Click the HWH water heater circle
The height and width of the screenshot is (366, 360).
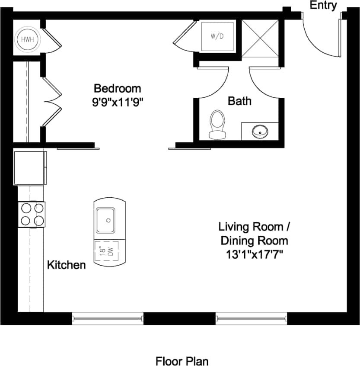(27, 40)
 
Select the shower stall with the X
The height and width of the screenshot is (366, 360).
(260, 38)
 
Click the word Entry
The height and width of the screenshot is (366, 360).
(323, 6)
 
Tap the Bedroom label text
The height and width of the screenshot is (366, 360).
(117, 89)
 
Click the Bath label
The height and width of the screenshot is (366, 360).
(239, 101)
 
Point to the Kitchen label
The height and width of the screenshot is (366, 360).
(66, 265)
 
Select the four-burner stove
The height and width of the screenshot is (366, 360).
(32, 214)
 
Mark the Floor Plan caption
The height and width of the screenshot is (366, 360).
(182, 360)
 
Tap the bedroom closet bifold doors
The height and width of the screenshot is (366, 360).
(53, 102)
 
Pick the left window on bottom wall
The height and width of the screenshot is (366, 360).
(108, 319)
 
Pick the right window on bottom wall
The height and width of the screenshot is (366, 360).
(252, 319)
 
